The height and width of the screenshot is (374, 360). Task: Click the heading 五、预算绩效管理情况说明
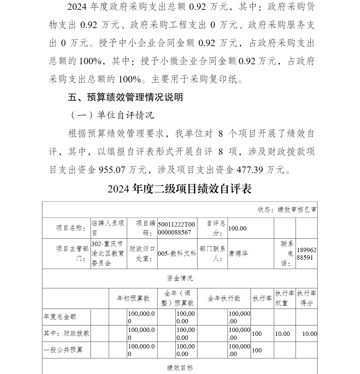pos(125,97)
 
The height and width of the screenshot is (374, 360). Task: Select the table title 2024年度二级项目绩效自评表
pos(179,189)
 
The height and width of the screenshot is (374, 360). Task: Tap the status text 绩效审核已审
pos(297,210)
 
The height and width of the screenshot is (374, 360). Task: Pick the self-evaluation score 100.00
pos(238,228)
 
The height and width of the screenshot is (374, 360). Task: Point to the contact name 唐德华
pos(238,253)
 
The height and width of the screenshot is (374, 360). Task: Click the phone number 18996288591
pos(307,254)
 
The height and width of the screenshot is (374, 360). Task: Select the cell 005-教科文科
pos(177,253)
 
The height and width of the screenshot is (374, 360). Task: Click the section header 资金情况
pos(180,278)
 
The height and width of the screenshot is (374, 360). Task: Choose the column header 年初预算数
pos(133,298)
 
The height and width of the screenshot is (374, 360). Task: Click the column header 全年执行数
pos(224,298)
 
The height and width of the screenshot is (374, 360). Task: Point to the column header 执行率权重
pos(284,298)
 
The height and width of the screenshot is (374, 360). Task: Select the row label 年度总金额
pos(60,317)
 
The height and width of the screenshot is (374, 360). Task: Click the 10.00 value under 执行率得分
pos(309,334)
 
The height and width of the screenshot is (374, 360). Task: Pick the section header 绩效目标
pos(180,368)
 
